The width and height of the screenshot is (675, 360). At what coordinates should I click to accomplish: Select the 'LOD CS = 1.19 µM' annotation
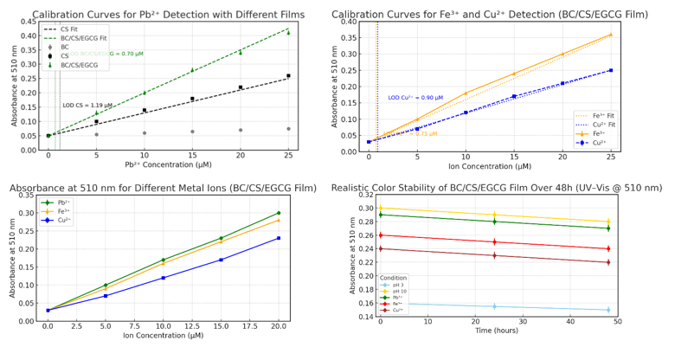coord(87,105)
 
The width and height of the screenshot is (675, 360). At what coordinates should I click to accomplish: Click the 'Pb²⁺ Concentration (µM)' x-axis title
coord(168,164)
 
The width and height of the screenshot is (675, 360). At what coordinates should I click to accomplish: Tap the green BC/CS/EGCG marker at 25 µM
coord(288,33)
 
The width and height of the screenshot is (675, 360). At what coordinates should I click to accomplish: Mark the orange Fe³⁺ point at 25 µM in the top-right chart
coord(611,35)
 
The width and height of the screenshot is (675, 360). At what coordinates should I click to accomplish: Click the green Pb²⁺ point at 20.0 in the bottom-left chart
coord(279,213)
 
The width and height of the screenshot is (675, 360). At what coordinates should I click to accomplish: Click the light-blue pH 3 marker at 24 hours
coord(494,306)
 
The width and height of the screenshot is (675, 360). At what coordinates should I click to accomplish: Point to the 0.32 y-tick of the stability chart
coord(366,196)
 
